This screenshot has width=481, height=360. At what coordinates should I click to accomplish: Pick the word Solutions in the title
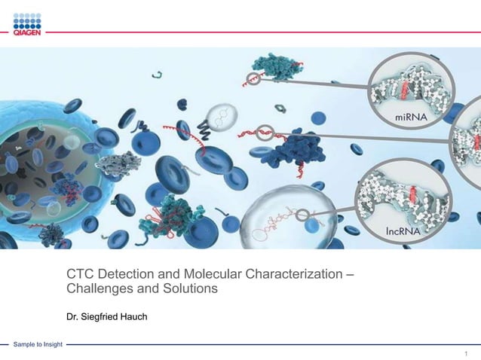click(x=188, y=289)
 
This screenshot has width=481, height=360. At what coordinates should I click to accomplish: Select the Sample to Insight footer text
click(x=38, y=345)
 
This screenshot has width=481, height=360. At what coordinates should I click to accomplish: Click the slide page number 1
click(x=467, y=353)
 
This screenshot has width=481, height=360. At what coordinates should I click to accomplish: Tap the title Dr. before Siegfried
click(x=73, y=316)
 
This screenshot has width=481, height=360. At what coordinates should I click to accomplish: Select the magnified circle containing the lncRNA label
click(x=403, y=203)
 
